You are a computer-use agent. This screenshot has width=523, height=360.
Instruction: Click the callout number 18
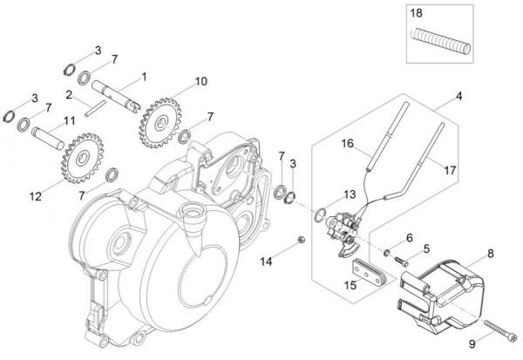(x=416, y=15)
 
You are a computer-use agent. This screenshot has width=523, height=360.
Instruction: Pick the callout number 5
(x=426, y=248)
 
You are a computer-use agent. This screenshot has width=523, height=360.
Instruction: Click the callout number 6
(x=408, y=237)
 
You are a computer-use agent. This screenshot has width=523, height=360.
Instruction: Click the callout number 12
(x=35, y=197)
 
